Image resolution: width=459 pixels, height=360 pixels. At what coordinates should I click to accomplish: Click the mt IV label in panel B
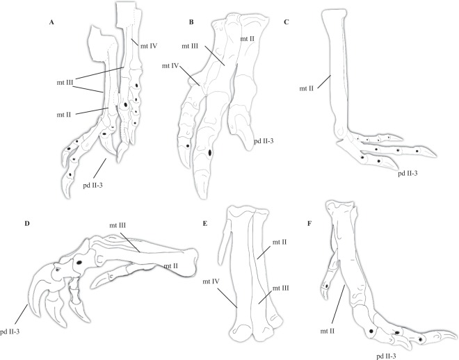tap(170, 67)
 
